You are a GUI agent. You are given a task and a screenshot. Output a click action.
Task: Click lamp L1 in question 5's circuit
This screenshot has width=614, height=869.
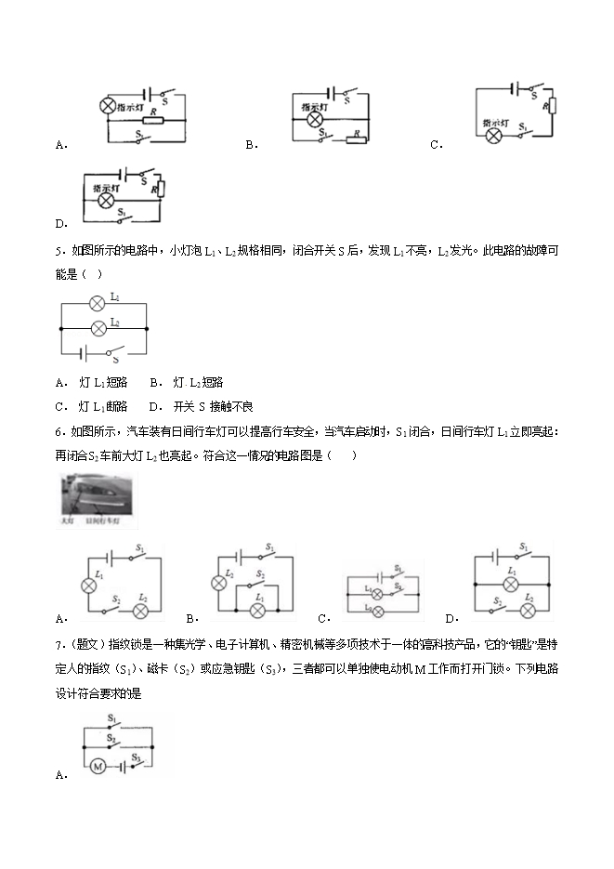pos(96,302)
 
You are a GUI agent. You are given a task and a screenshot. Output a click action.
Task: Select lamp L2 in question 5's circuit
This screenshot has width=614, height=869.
pos(96,326)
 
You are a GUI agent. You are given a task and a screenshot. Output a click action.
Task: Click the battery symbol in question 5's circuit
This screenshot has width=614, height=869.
pos(86,352)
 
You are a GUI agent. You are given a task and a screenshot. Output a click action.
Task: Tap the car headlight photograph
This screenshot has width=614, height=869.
pos(96,502)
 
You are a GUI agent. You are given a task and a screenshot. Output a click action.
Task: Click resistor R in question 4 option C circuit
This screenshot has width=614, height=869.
pos(552,106)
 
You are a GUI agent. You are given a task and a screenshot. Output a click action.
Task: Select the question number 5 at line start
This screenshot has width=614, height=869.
pos(59,250)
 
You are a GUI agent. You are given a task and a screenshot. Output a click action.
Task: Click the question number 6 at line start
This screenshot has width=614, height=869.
pos(59,431)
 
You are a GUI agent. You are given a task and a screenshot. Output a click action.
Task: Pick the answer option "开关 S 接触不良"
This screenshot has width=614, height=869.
pos(201,406)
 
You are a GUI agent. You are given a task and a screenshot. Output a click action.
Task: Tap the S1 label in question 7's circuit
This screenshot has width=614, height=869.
pos(111,718)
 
